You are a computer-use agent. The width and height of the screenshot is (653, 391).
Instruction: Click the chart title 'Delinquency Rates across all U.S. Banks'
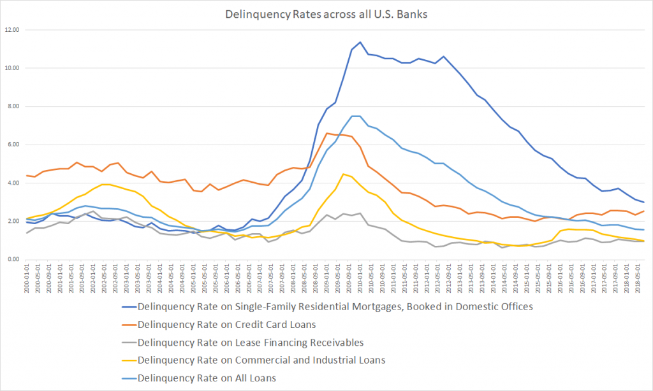coord(327,13)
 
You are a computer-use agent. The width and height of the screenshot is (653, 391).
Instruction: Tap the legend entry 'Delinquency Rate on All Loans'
coord(207,378)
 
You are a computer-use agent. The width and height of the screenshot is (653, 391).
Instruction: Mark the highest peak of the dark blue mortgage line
coord(360,42)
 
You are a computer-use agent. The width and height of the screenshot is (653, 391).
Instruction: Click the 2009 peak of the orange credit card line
coord(327,133)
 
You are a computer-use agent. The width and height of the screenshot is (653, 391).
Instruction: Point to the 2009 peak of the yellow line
coord(343,174)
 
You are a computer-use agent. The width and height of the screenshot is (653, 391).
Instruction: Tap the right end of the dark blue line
coord(643,202)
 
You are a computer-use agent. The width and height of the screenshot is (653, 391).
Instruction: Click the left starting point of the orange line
coord(27,175)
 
